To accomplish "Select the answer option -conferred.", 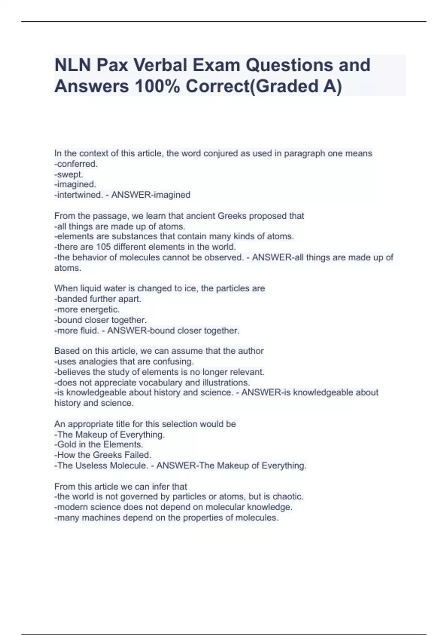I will click(x=76, y=164).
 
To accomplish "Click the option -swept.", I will click(x=69, y=174).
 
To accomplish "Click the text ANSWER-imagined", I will click(x=151, y=195).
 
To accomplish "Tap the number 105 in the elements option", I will click(x=103, y=247).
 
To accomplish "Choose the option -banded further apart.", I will click(x=98, y=299).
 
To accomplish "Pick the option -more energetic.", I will click(x=87, y=309).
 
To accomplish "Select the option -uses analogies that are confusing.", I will click(x=124, y=362).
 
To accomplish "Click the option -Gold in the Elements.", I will click(x=99, y=444).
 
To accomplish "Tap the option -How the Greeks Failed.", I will click(x=103, y=455).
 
